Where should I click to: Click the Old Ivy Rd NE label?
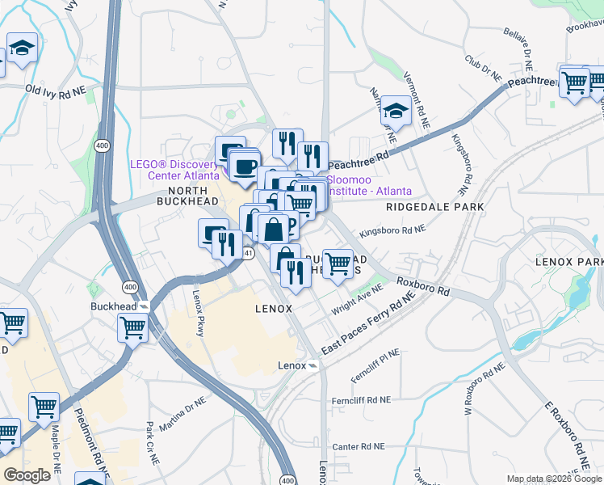click(55, 92)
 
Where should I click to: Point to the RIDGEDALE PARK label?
click(434, 207)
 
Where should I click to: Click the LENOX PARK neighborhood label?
click(569, 263)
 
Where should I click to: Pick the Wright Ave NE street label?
click(357, 303)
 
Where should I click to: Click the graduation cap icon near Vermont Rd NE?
click(396, 112)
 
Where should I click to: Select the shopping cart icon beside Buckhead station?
click(132, 328)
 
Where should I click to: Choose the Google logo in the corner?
click(27, 475)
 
